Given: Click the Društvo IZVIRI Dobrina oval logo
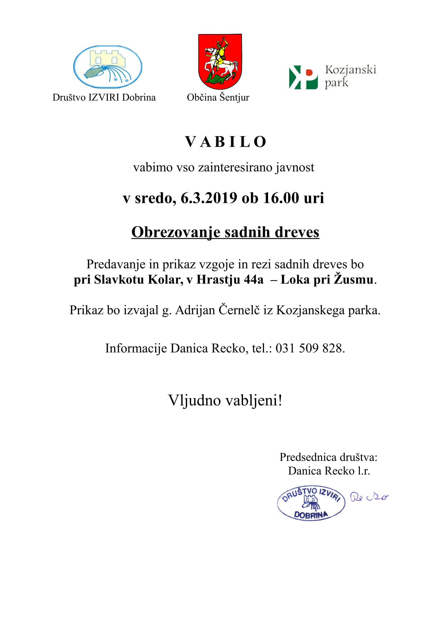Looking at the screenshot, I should tap(108, 67).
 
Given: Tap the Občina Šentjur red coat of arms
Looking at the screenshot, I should tap(220, 61).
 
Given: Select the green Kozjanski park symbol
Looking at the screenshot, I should tap(303, 77).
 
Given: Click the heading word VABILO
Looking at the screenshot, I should tap(225, 142).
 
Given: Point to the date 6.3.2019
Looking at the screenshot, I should tap(209, 198).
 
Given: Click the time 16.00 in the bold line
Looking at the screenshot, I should tap(281, 198).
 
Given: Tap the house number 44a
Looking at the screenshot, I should tap(253, 279).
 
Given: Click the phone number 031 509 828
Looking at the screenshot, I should tap(309, 348).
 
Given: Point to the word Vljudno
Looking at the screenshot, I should tap(194, 400).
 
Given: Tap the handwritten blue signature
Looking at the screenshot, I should tap(369, 497).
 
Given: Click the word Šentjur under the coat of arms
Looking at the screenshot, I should tap(234, 98).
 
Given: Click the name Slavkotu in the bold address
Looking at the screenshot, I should tap(119, 279).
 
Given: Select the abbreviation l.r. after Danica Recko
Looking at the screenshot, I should tap(363, 471).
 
